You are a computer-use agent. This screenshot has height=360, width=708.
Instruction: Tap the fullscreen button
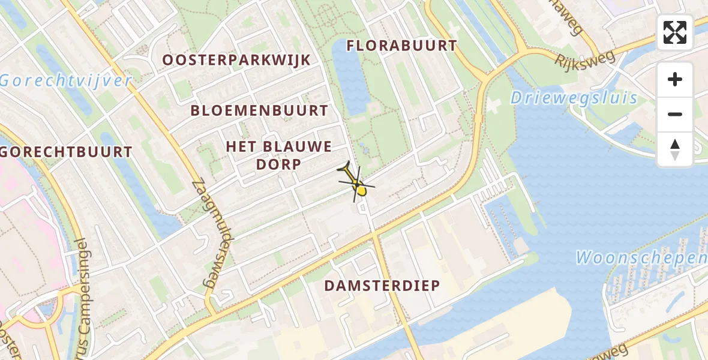click(675, 32)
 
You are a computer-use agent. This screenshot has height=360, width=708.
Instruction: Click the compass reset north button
click(675, 149)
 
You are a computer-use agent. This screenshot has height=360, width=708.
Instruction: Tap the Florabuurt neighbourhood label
click(402, 46)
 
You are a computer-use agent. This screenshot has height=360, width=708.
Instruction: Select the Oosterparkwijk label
click(236, 60)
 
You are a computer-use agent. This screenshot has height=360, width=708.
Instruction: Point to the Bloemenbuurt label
click(259, 111)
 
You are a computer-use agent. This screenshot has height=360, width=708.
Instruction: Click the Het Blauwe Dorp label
click(279, 155)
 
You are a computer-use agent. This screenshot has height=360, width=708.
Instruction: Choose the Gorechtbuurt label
click(66, 152)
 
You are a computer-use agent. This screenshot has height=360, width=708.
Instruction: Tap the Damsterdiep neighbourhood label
click(382, 286)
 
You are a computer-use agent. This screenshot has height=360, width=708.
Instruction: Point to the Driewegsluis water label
click(574, 98)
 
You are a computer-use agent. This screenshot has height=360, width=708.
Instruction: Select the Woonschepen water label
click(641, 258)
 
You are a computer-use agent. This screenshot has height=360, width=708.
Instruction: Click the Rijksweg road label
click(584, 60)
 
